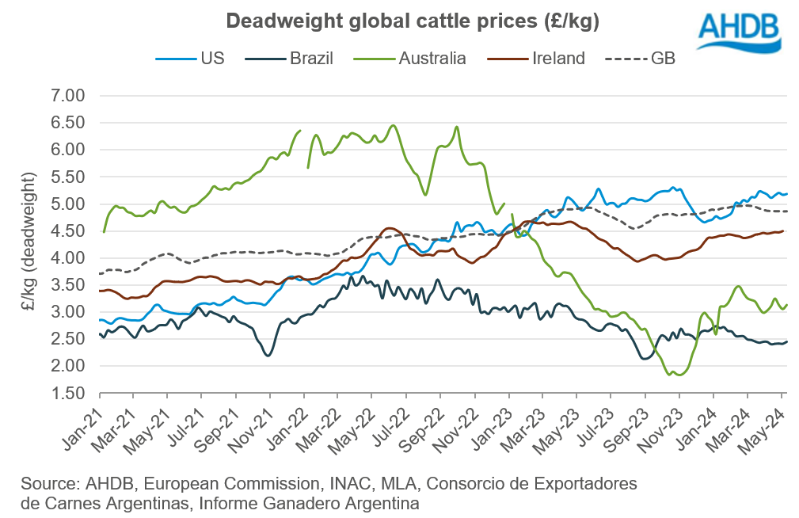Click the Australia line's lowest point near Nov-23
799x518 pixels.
[679, 375]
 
